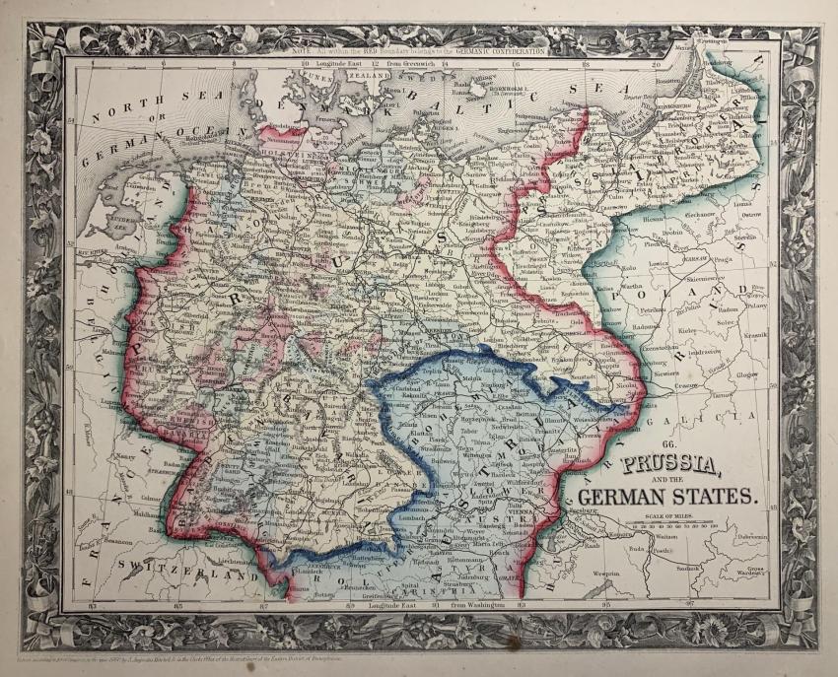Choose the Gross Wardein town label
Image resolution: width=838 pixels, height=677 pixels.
[x=749, y=573]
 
